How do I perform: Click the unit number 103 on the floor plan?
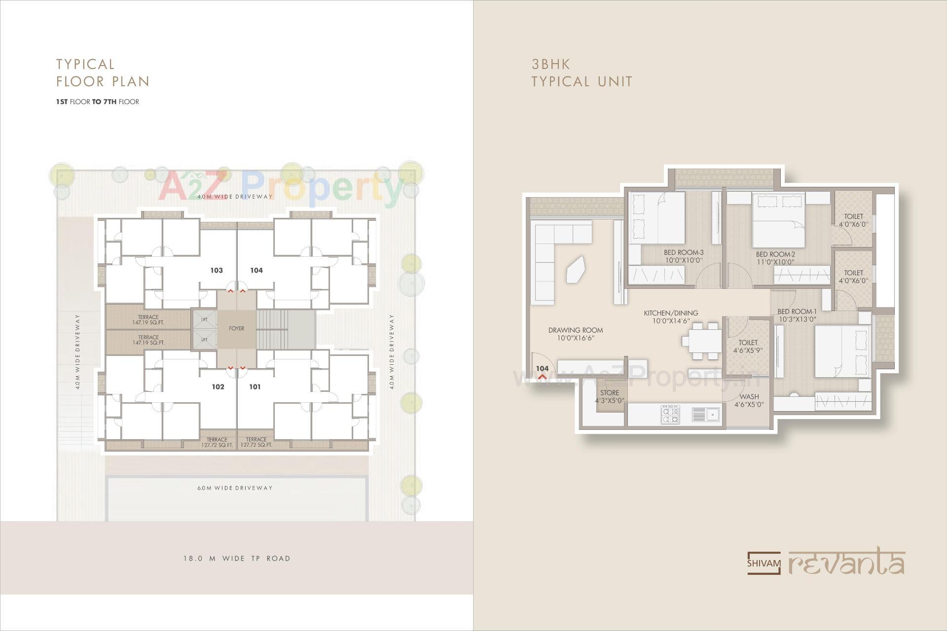(217, 270)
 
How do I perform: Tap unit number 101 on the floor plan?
(255, 387)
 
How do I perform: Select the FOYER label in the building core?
(237, 328)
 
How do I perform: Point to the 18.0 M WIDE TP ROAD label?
(237, 559)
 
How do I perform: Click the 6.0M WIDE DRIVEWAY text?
(235, 488)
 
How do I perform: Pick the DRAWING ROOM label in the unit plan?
(576, 330)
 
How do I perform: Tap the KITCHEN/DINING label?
(671, 313)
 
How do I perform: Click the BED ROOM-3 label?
(684, 253)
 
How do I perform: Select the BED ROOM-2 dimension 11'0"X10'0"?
(775, 262)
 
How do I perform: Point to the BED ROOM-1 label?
(797, 312)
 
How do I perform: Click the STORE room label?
(610, 393)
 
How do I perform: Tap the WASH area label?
(749, 396)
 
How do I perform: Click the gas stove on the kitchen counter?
(670, 415)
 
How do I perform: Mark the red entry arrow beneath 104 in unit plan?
(542, 377)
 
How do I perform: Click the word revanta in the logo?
(846, 563)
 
